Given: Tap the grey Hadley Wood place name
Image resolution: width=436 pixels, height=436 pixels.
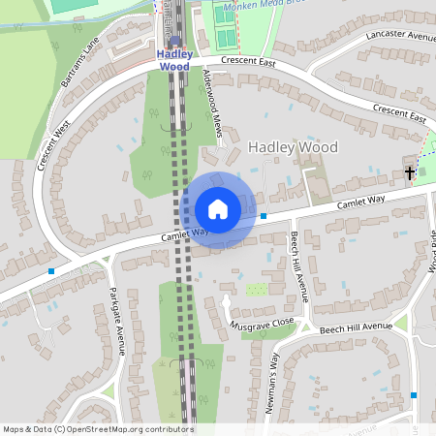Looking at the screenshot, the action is pyautogui.click(x=293, y=147).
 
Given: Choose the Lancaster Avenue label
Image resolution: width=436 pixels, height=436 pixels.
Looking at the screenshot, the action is pyautogui.click(x=398, y=35).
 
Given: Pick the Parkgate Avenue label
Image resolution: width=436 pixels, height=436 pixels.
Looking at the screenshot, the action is pyautogui.click(x=117, y=321).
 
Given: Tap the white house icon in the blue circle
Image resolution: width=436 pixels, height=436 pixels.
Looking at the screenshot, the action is pyautogui.click(x=218, y=209).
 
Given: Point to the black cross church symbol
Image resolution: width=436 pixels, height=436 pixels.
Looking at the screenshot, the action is pyautogui.click(x=410, y=173).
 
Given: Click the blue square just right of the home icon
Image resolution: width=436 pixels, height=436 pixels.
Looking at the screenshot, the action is pyautogui.click(x=264, y=215).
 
